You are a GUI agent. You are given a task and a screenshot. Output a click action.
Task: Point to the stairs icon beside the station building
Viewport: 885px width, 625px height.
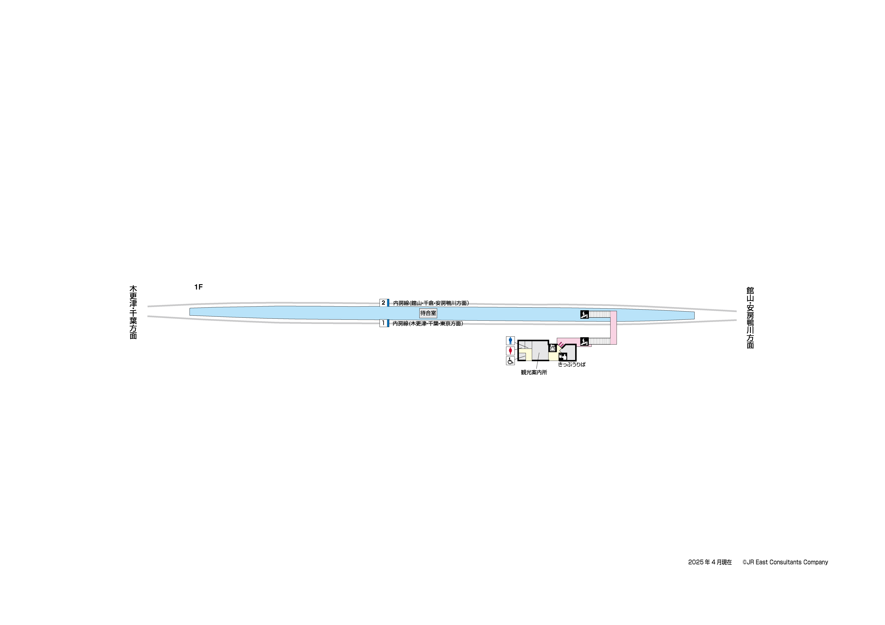(x=584, y=341)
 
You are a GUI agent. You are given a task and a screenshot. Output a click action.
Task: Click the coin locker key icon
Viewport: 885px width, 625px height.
(x=552, y=348)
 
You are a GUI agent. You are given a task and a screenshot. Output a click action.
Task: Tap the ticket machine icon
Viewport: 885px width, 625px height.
(x=563, y=357)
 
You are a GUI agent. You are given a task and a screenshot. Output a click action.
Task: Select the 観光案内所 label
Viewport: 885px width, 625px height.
(x=534, y=373)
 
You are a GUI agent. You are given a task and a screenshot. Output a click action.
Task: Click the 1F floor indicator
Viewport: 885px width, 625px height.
(x=199, y=287)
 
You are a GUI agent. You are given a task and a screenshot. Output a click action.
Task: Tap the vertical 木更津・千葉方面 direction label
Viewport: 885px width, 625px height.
(x=133, y=312)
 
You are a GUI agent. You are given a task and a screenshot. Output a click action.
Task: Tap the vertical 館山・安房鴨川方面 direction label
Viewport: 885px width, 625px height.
(x=750, y=318)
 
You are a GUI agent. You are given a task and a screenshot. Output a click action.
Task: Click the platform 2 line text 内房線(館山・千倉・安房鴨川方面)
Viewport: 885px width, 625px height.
(x=431, y=303)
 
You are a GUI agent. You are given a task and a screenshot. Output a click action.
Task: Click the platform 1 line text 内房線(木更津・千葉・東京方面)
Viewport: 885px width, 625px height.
(x=428, y=323)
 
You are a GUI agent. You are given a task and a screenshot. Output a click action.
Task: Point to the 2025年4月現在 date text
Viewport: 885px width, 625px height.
(x=710, y=562)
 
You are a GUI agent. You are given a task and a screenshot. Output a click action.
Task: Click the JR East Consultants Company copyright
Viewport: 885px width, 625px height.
(x=785, y=562)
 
